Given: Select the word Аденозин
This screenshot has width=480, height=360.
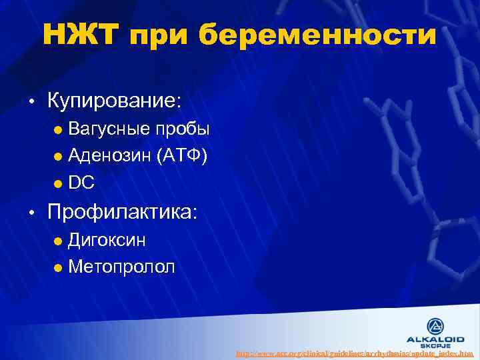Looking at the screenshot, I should [x=109, y=156].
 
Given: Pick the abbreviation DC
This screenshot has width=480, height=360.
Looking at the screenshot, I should [x=81, y=183].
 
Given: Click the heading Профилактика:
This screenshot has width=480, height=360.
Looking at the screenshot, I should [x=123, y=212].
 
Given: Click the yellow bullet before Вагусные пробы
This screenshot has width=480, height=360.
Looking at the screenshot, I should [x=58, y=129].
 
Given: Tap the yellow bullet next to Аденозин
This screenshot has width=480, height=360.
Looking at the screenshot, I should [x=58, y=157].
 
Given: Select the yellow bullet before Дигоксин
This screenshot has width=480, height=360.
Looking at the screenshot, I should [x=58, y=240].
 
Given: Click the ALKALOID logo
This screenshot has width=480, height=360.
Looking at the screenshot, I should [x=437, y=331].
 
